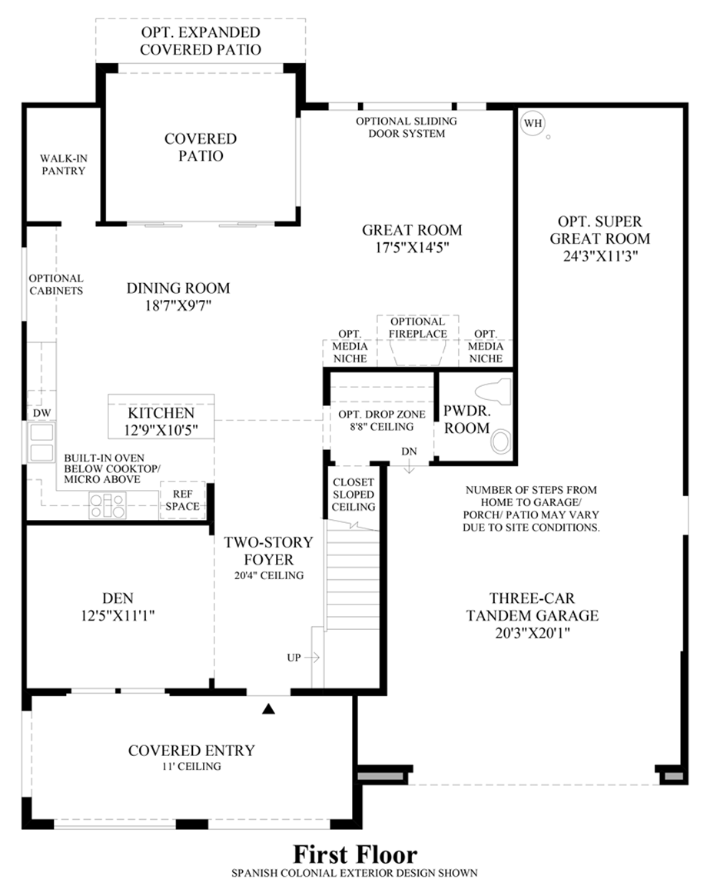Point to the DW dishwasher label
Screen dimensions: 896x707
41,413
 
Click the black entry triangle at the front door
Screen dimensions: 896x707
268,708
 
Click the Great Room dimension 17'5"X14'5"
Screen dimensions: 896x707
412,248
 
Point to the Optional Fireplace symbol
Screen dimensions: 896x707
417,351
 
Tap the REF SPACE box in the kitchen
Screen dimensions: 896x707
183,501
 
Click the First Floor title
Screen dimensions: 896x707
354,855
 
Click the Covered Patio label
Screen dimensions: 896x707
201,147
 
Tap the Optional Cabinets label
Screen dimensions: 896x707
56,285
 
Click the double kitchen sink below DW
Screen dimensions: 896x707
40,443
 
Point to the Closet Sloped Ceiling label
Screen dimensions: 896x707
353,495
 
